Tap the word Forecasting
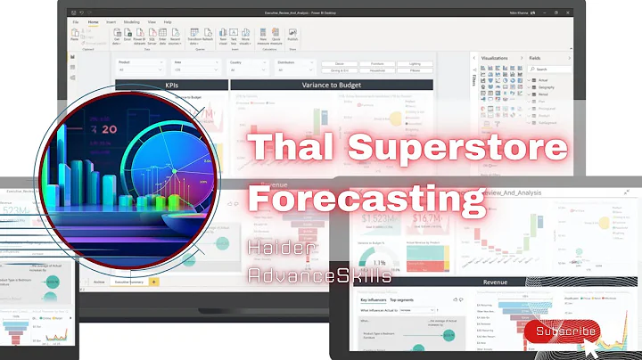360,196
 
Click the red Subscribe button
562,331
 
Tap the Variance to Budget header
331,86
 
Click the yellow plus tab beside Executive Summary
153,282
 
